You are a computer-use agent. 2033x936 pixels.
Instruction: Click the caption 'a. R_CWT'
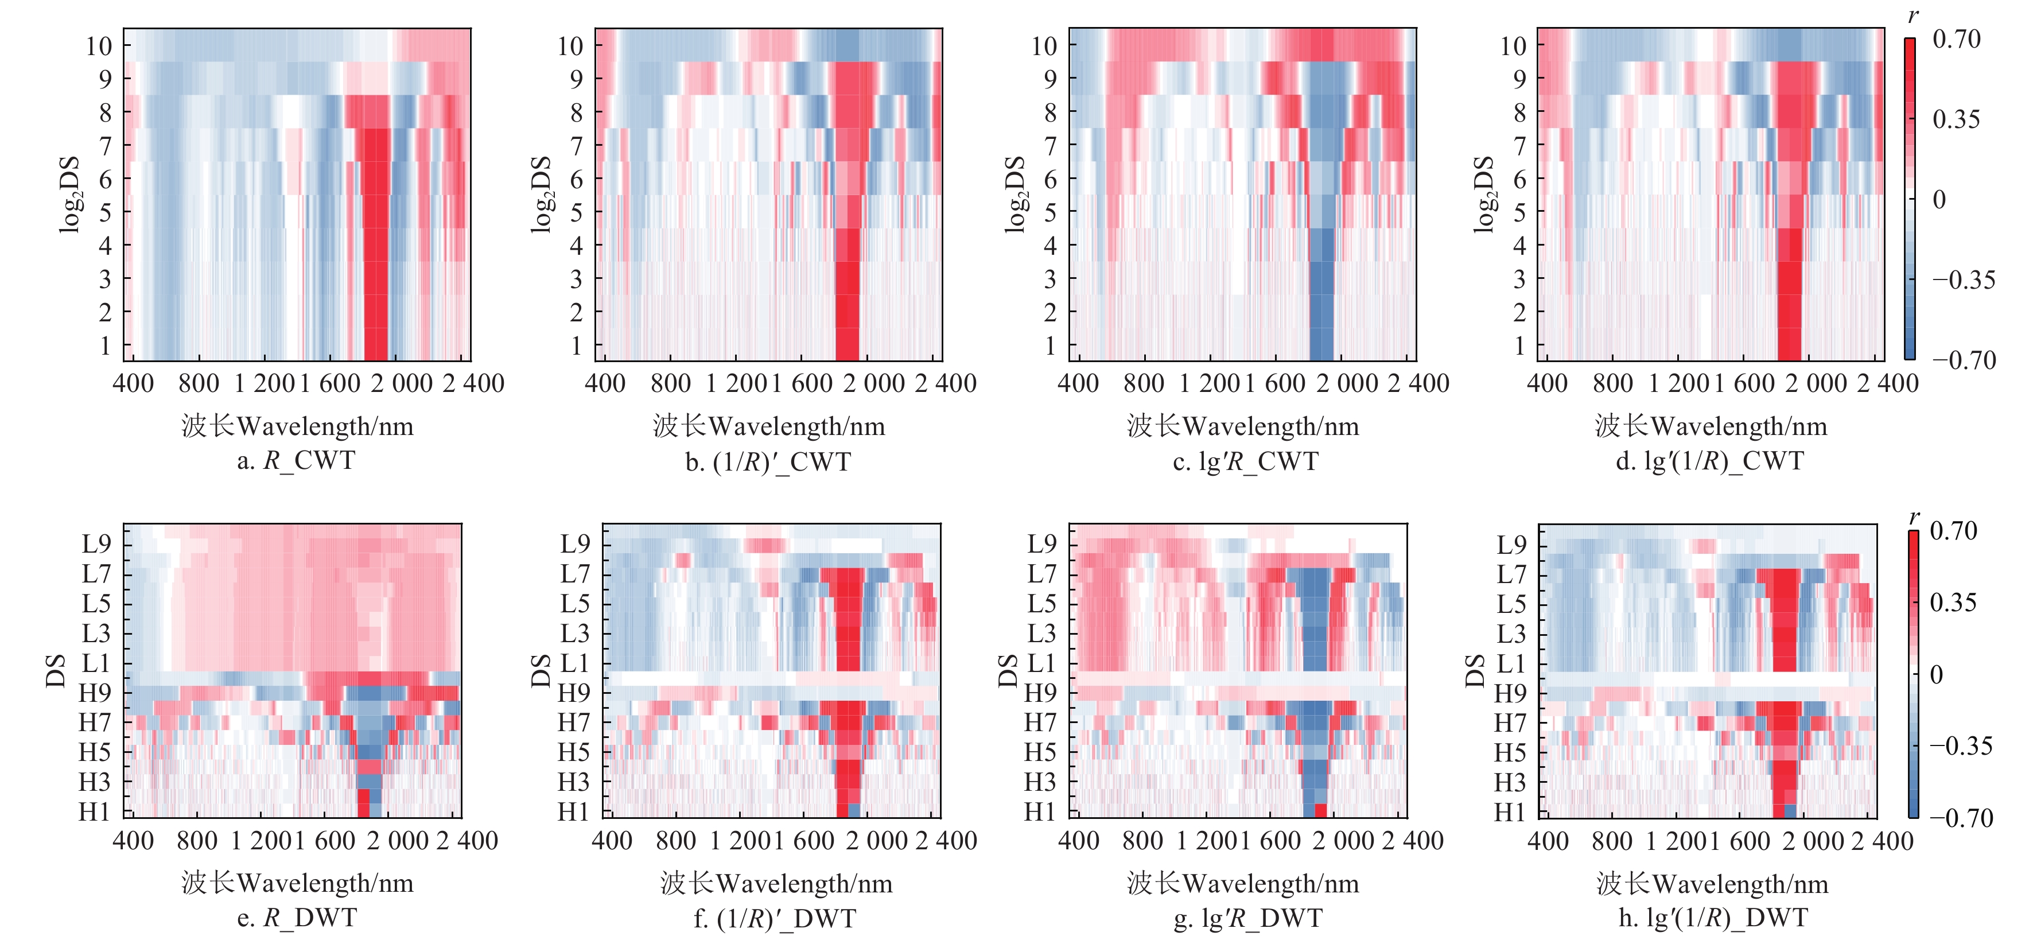pos(296,460)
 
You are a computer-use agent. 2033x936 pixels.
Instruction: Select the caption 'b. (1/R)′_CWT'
pos(768,461)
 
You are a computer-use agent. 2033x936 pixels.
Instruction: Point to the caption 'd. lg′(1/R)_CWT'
pos(1709,461)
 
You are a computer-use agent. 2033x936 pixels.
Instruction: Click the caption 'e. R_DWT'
pos(296,918)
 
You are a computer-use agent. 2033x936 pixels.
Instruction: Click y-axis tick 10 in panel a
pos(99,46)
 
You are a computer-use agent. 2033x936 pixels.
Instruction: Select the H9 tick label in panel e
pos(95,693)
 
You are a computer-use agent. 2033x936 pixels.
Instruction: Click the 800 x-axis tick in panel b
pos(670,383)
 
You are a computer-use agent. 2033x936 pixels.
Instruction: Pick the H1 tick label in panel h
pos(1510,812)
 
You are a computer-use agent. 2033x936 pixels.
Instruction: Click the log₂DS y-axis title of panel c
pos(1016,194)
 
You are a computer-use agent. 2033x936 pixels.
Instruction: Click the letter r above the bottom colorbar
pos(1914,517)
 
